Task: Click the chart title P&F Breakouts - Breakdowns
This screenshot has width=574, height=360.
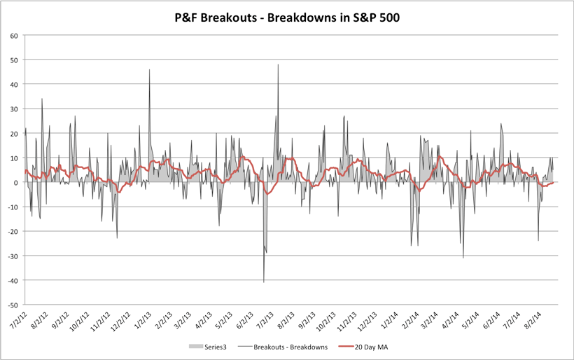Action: tap(287, 17)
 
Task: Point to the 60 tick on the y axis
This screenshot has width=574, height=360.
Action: tap(14, 35)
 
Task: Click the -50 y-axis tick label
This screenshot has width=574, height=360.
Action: tap(13, 305)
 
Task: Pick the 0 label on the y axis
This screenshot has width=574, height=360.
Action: tap(16, 183)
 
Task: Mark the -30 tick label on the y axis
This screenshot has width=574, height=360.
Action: tap(13, 256)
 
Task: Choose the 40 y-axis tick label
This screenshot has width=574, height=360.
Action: tap(14, 84)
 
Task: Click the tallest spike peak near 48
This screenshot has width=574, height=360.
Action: tap(278, 64)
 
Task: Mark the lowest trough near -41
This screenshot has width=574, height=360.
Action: tap(264, 282)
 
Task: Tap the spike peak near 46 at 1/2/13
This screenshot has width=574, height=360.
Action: tap(149, 69)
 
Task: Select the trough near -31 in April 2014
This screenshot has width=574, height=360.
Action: tap(463, 258)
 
